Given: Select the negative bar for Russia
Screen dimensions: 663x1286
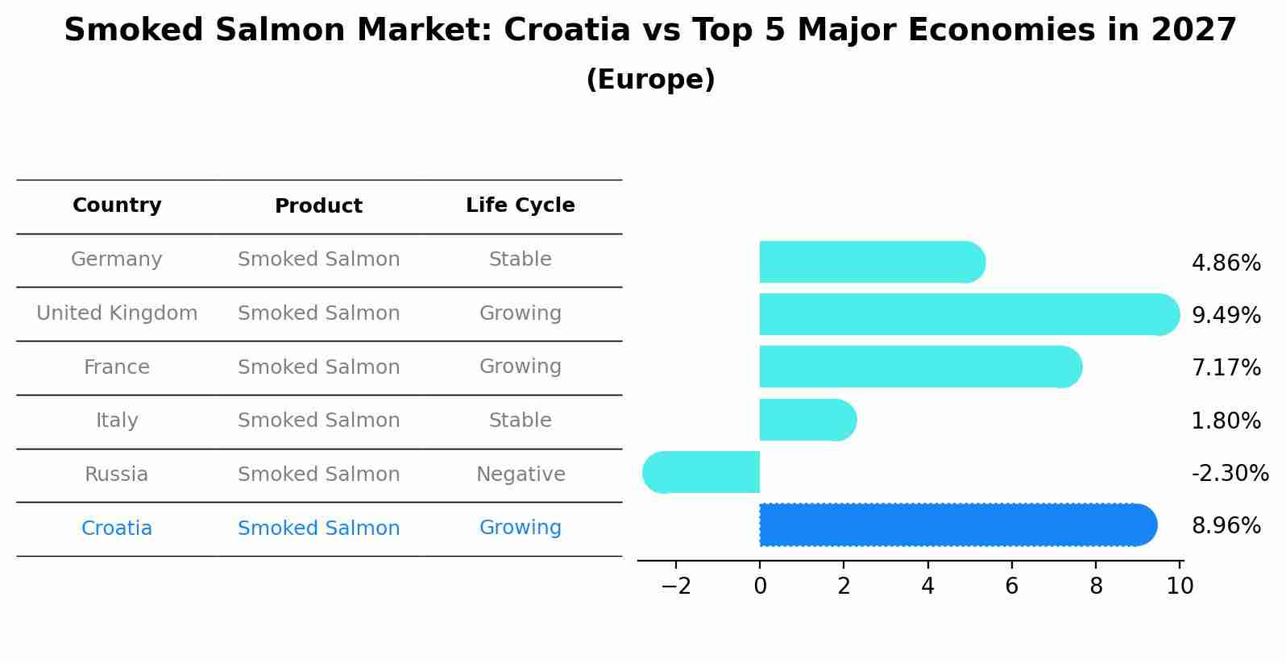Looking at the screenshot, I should (702, 472).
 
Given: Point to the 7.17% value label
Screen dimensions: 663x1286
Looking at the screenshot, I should (1226, 368).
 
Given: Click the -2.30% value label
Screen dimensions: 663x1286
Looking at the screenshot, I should (1230, 473).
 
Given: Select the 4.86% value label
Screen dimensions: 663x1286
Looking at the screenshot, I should (1226, 263).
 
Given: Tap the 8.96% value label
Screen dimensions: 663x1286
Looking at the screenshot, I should (1226, 526).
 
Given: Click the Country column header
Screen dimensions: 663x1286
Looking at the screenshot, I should (117, 205).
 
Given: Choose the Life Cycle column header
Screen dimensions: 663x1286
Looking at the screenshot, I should (520, 205).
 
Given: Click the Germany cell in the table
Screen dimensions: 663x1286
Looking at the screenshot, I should (117, 259).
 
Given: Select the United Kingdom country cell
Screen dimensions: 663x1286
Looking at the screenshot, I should (117, 313).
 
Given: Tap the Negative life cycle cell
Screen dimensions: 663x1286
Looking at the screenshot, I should (521, 474).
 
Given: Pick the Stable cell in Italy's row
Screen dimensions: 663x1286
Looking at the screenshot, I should (520, 421).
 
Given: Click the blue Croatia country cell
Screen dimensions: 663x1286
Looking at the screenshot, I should (117, 528).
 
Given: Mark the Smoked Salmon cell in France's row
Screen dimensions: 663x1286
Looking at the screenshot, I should (318, 367).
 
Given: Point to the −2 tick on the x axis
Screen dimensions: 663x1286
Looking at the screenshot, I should (676, 586).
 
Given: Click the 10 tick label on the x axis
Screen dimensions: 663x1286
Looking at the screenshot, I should (1180, 586).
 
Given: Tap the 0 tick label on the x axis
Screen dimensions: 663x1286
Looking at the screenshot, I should (760, 586).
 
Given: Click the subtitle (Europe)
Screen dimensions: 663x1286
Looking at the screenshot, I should (650, 80).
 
